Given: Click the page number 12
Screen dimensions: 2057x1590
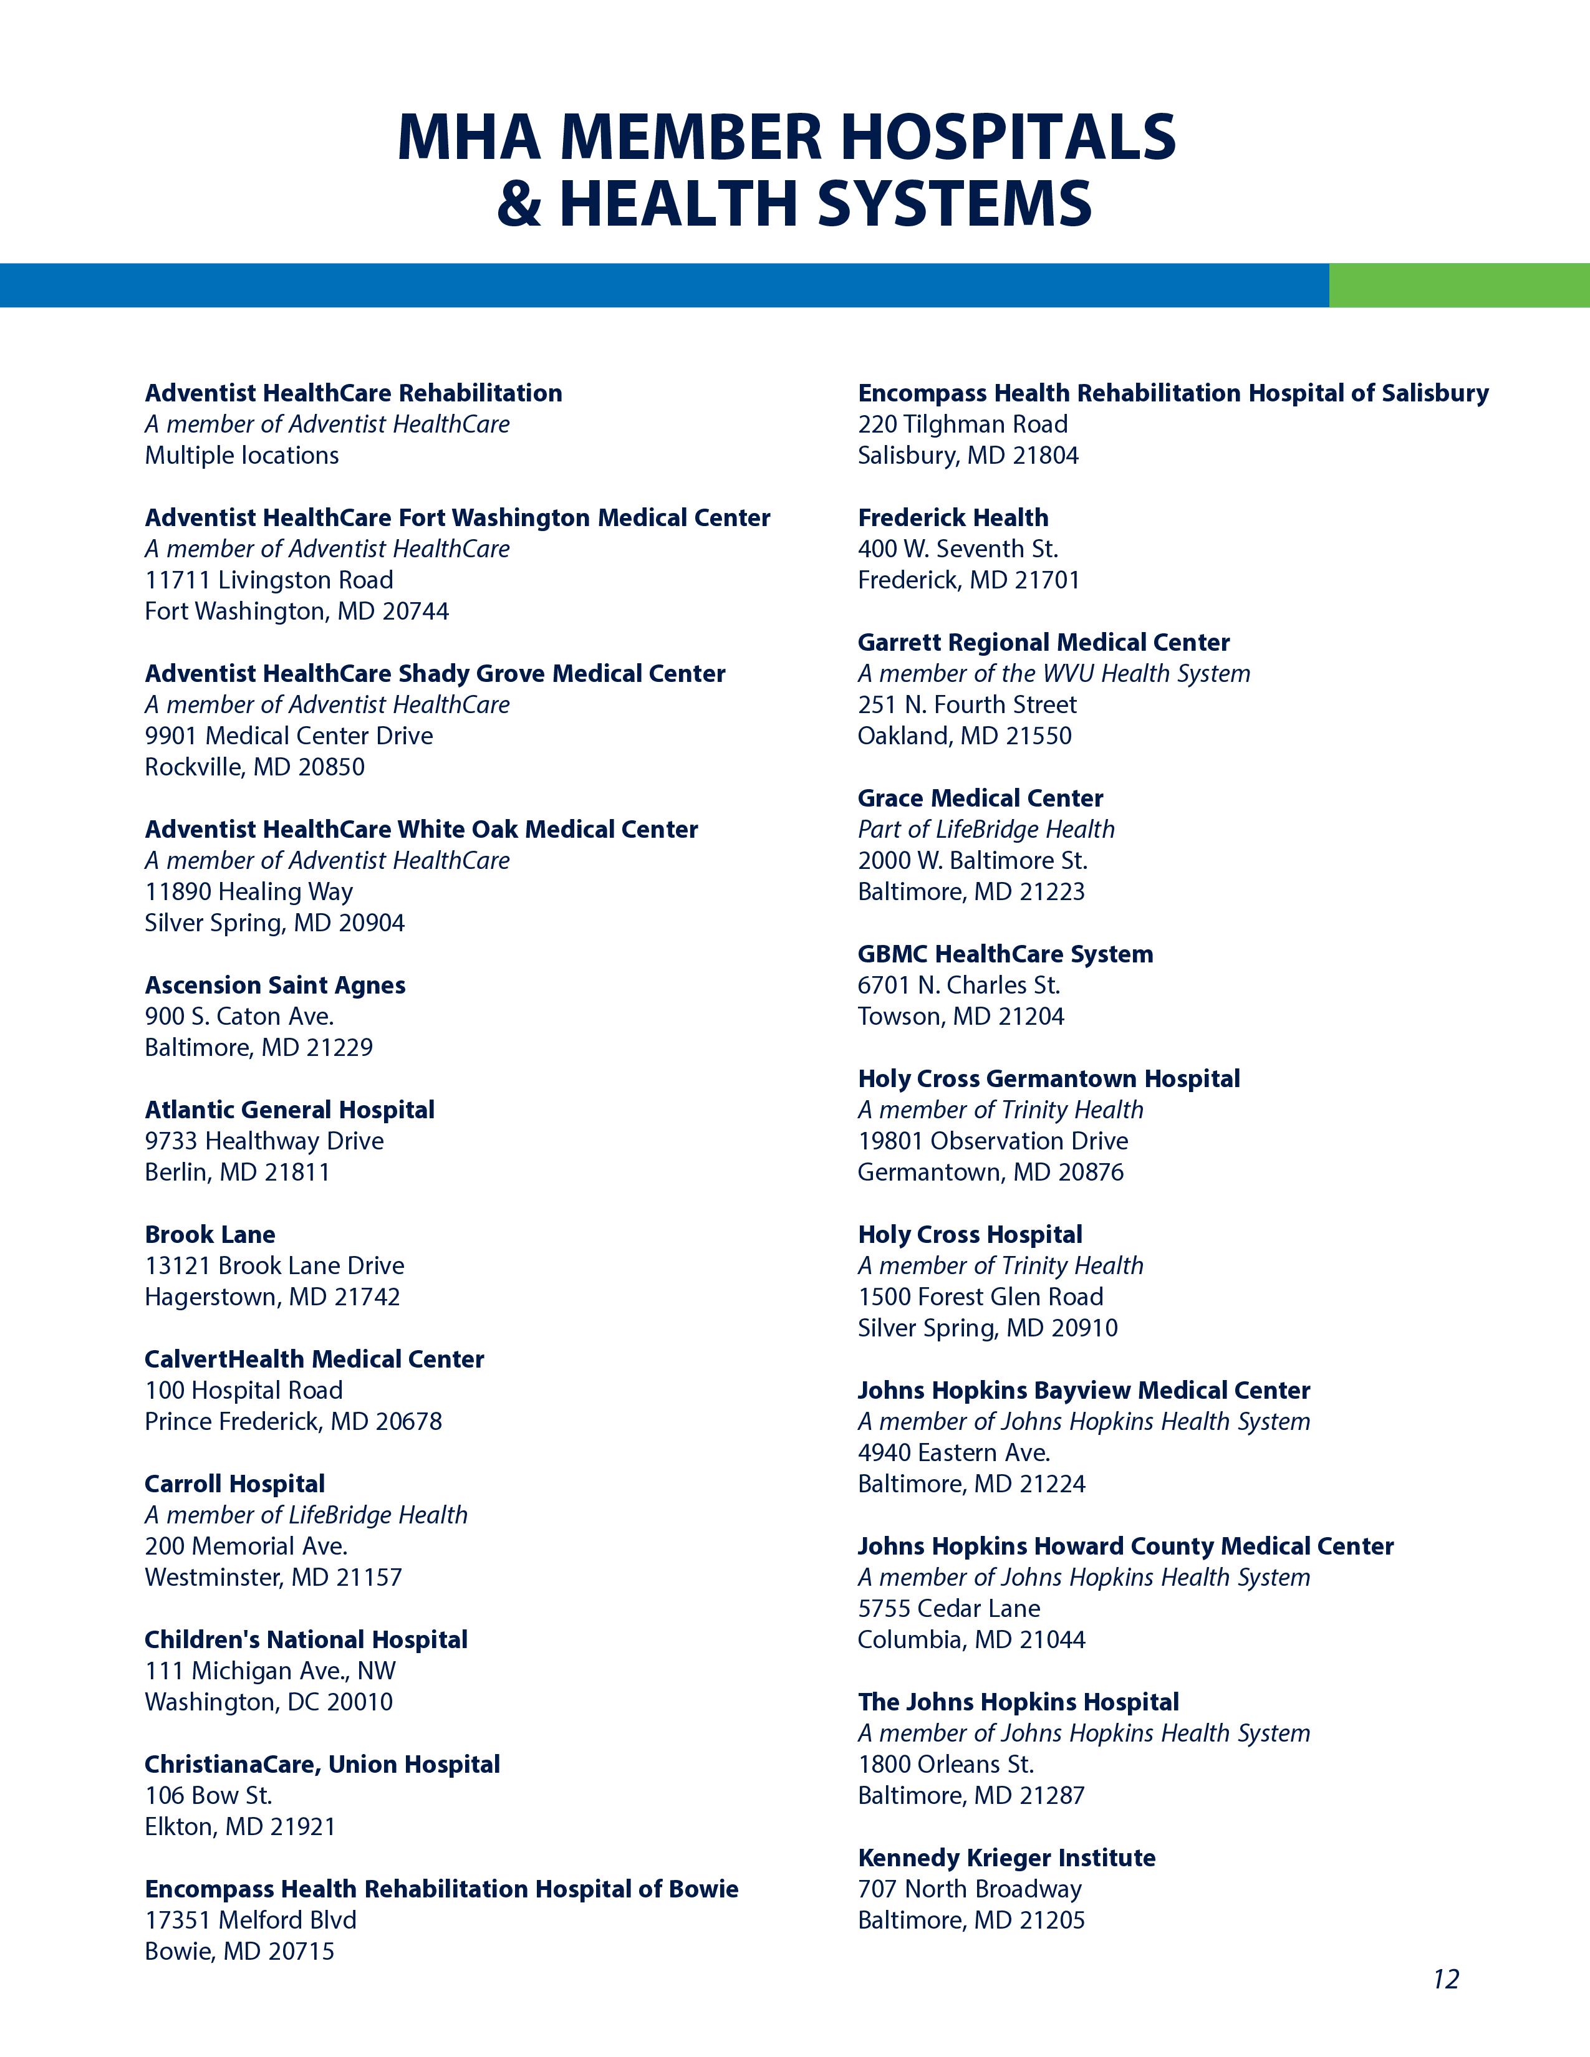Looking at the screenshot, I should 1446,1979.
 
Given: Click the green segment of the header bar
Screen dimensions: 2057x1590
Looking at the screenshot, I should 1458,285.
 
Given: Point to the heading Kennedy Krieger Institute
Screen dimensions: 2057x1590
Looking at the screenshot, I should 1006,1858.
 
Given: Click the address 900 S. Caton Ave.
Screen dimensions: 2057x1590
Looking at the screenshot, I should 239,1016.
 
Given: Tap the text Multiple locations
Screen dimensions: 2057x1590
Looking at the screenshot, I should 241,455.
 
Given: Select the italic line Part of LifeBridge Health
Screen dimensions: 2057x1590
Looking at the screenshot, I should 985,829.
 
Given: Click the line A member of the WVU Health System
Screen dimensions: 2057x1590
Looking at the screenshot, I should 1053,673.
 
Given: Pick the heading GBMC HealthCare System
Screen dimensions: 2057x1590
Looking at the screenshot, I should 1005,954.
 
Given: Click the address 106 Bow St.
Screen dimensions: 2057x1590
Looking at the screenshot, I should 208,1795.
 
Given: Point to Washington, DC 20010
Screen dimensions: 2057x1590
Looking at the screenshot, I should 269,1702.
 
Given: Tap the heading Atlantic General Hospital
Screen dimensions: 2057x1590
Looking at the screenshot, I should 289,1110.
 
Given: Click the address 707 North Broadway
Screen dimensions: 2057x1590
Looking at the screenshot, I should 969,1889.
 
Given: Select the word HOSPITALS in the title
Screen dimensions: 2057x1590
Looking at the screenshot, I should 1008,138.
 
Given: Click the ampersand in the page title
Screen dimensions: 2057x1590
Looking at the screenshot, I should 519,203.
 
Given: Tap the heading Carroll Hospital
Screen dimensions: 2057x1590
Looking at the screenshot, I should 234,1484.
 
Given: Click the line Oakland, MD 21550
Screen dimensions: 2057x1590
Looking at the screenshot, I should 965,736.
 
